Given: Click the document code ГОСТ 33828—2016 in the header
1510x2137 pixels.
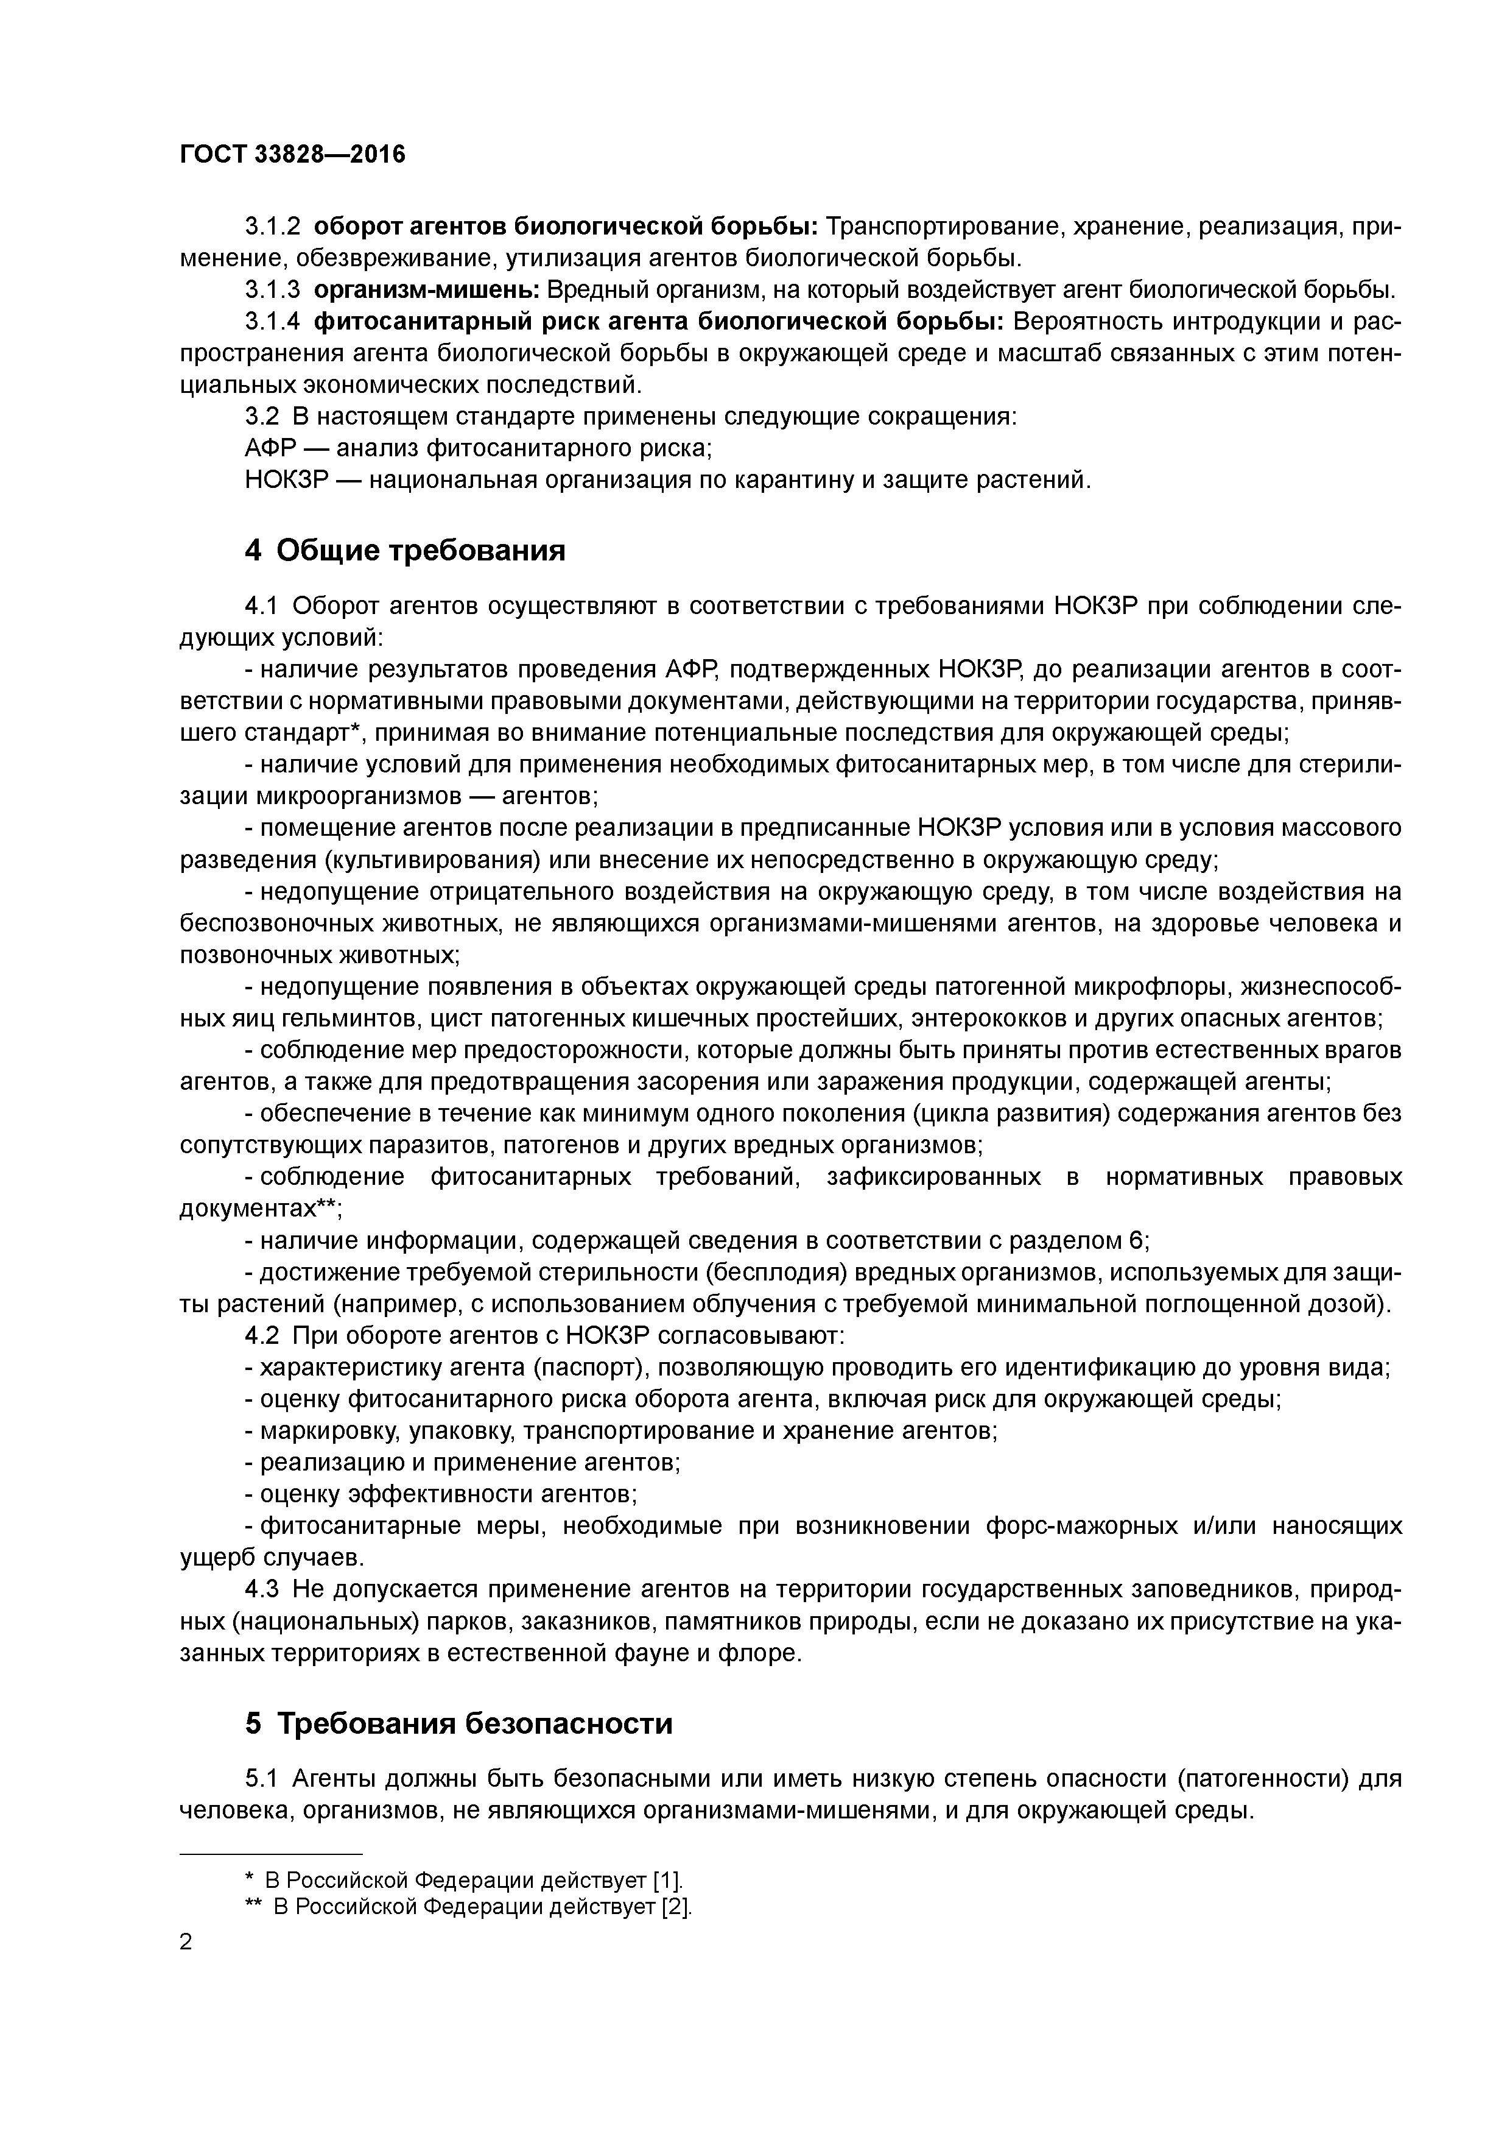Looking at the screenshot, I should pos(292,155).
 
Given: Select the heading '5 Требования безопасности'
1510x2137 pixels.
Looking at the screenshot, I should pos(458,1724).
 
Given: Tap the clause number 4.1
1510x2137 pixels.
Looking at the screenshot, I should pos(261,606).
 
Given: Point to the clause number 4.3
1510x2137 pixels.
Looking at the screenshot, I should pos(261,1590).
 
